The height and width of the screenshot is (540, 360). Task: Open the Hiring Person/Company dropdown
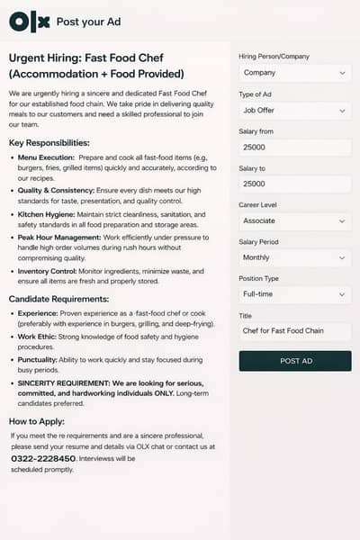(294, 73)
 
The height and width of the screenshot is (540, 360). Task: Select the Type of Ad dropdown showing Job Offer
(294, 111)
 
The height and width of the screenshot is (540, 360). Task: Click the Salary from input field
(294, 148)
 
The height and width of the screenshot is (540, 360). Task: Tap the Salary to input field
(294, 184)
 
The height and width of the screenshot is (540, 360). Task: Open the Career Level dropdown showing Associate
(294, 220)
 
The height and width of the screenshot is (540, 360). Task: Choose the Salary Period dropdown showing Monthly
(294, 257)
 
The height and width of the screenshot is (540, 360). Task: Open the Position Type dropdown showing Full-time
(294, 294)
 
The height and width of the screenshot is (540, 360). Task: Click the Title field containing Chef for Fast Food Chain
(294, 331)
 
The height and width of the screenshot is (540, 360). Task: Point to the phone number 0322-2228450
(43, 458)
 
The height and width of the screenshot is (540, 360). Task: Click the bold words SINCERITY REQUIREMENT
(61, 382)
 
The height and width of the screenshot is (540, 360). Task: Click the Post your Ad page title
(88, 22)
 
